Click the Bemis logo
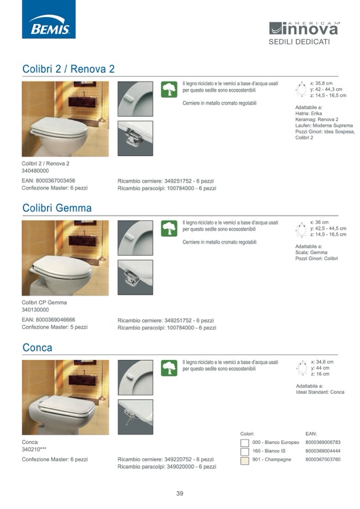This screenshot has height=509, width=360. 49,19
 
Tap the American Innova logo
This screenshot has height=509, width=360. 304,29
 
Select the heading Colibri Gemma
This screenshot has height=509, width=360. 57,208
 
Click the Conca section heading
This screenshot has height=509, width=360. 37,348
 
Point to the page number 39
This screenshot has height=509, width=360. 179,494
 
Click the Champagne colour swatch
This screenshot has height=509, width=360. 245,460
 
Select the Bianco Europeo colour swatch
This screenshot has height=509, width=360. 245,443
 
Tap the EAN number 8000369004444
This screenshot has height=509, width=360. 323,451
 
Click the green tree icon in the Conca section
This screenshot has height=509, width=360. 169,368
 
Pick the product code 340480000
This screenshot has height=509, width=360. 35,171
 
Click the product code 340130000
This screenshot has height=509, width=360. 35,309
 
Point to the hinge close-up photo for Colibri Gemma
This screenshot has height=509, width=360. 135,277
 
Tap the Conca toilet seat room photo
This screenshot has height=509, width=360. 65,398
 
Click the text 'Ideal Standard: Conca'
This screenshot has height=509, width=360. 320,392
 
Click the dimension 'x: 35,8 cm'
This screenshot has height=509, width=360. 321,83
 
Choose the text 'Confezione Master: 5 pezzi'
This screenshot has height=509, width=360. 55,327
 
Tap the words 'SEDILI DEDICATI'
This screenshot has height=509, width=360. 299,42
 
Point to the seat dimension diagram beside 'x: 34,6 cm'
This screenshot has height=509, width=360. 302,368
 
